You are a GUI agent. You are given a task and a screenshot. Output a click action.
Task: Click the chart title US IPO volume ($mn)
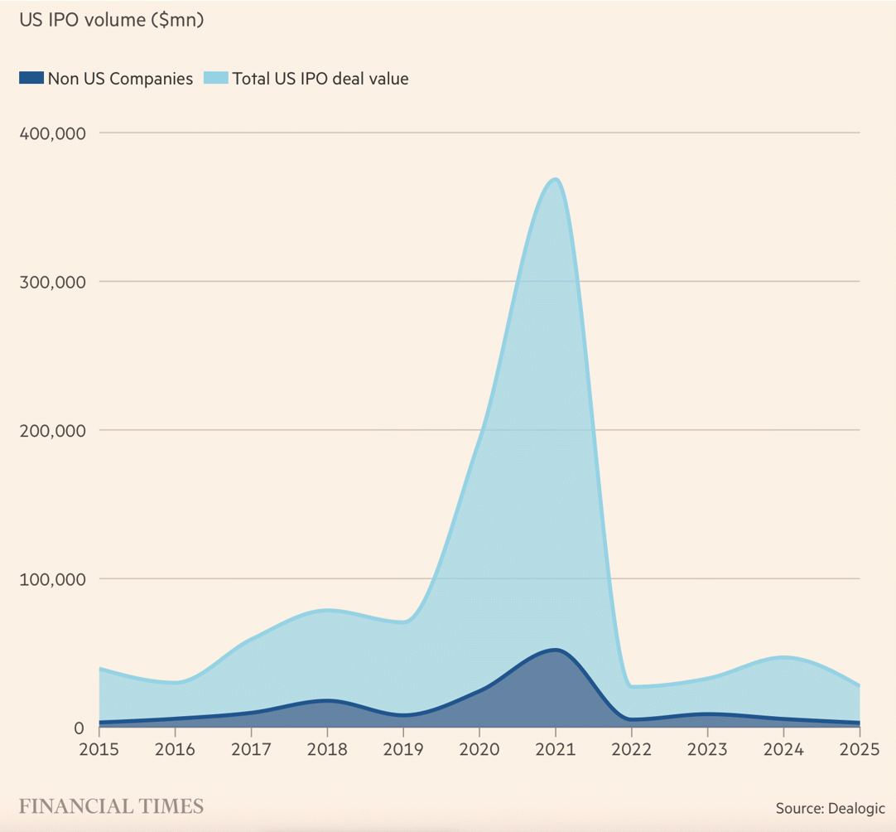(111, 21)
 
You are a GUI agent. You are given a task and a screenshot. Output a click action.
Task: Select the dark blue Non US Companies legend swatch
(31, 79)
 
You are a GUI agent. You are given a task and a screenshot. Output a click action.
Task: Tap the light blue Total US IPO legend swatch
(215, 79)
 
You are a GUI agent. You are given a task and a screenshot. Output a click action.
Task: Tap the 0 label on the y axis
(79, 728)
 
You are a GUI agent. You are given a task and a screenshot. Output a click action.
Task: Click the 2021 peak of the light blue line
(555, 179)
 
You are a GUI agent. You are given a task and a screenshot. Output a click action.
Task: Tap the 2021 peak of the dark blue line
(555, 650)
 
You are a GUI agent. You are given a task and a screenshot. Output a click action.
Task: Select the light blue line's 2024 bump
(783, 657)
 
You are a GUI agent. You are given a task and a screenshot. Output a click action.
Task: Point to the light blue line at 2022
(631, 686)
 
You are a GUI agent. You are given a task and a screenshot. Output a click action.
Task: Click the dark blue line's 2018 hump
(327, 700)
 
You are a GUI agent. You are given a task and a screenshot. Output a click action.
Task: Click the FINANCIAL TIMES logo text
(111, 805)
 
